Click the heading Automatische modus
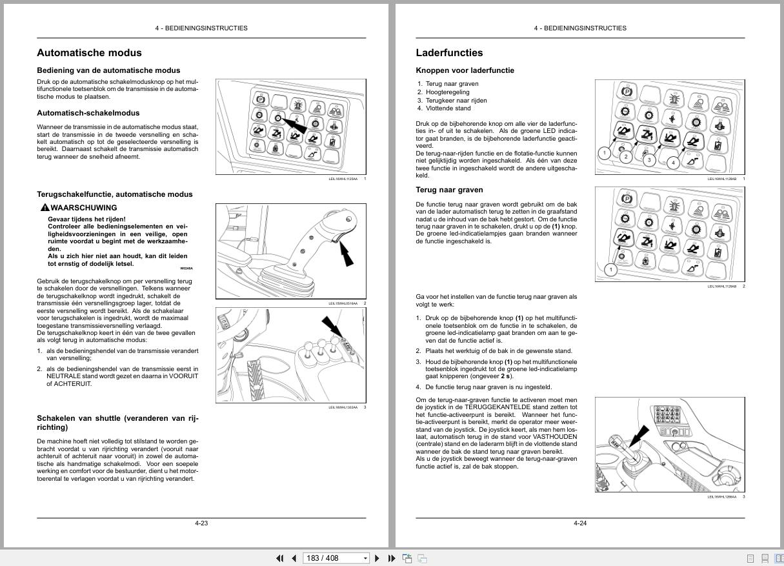pos(89,53)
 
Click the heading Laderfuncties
pos(449,53)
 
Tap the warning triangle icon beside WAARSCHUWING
pos(45,208)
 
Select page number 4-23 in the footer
pos(201,523)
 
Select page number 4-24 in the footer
pos(580,523)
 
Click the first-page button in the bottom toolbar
pos(280,558)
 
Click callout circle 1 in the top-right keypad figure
pos(604,153)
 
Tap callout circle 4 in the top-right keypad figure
pos(674,163)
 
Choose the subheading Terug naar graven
pos(449,190)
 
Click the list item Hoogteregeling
pos(447,92)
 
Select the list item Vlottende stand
pos(448,108)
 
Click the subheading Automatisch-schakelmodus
pos(88,113)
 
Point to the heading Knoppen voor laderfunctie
pos(465,70)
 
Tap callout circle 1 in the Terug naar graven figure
pos(610,269)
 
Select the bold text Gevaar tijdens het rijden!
pos(86,219)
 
